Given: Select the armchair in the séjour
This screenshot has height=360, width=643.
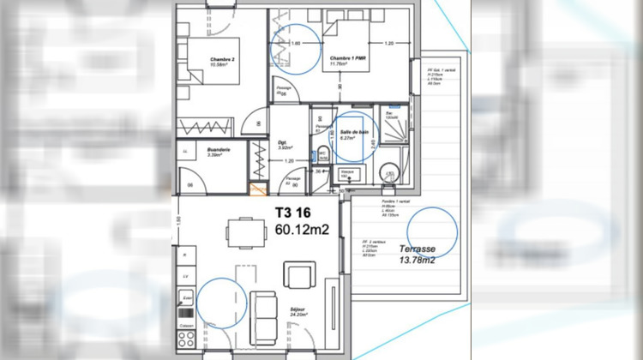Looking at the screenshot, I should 300,276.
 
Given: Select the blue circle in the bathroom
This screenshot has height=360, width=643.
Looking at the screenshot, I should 352,138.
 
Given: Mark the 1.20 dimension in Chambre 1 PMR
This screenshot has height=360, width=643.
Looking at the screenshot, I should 388,43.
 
